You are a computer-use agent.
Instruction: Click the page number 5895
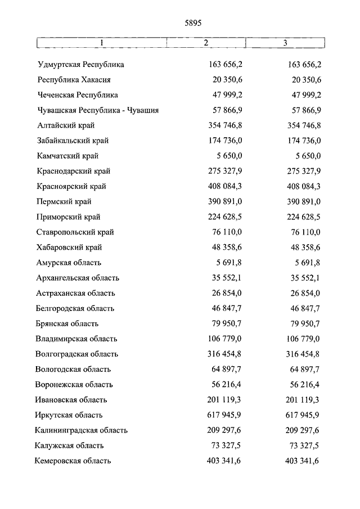coord(192,23)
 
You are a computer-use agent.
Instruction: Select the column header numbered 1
coord(101,43)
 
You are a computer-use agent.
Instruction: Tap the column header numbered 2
coord(206,43)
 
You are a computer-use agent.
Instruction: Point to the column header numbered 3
coord(285,43)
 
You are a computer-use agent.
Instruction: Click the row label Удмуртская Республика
coord(81,65)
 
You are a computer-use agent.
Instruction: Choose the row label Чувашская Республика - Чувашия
coord(98,110)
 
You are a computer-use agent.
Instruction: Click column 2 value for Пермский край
coord(224,201)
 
